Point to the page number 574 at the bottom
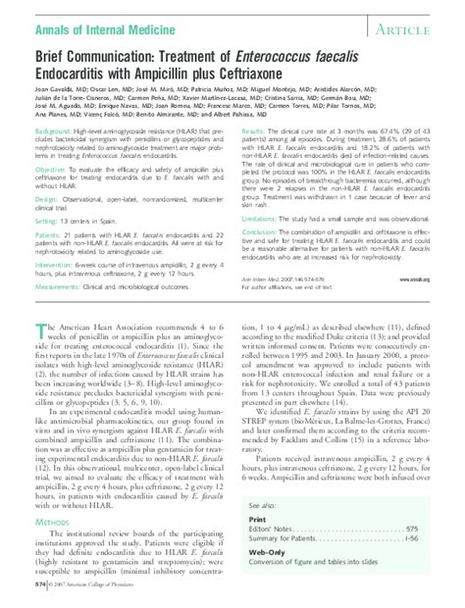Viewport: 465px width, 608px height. pyautogui.click(x=40, y=585)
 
